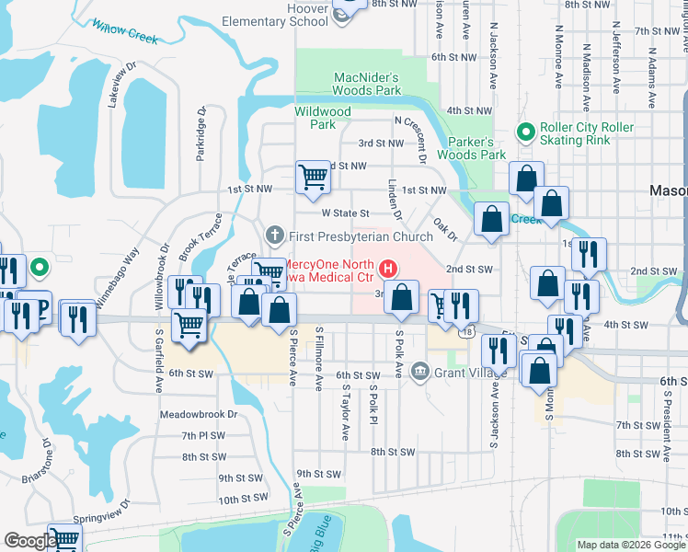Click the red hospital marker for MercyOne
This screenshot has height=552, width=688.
(x=388, y=270)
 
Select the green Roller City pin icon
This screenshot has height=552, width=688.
(x=525, y=132)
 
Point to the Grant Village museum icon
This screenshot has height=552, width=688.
(x=420, y=372)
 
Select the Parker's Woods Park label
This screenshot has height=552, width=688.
(x=477, y=148)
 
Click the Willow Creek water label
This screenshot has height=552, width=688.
(x=125, y=33)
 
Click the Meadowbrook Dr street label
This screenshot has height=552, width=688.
(x=198, y=414)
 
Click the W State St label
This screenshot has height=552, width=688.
(x=345, y=213)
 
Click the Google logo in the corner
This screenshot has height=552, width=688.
(x=29, y=541)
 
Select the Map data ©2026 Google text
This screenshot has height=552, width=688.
(x=630, y=545)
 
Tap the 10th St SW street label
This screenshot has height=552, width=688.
(x=243, y=498)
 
